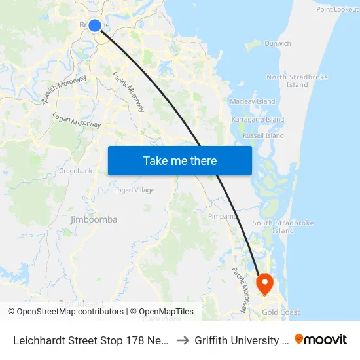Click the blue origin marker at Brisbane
95,26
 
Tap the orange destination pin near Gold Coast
265,283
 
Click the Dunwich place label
278,44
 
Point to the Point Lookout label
337,9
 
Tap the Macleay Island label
253,102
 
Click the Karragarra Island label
258,120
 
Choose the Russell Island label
263,136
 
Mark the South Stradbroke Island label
283,226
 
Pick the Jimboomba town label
94,220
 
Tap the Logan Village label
134,190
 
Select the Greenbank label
75,171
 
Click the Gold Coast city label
280,312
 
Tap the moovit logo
321,339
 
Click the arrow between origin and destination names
183,340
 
